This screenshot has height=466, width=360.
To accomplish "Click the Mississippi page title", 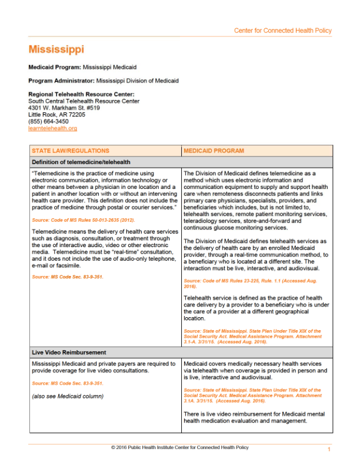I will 56,49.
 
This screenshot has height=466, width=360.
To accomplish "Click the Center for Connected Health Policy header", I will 282,31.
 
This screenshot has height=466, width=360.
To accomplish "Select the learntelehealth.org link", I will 53,128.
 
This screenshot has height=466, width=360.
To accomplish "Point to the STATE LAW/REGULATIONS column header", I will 70,151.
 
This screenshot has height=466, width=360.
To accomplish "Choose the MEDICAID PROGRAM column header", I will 214,151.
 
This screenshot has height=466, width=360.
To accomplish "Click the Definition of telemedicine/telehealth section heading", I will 81,162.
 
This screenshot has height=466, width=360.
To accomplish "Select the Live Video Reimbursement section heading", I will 69,352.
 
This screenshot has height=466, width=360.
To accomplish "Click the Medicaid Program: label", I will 55,68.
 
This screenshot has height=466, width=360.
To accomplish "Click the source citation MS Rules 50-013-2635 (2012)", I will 86,219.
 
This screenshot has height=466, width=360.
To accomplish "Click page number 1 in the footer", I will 329,450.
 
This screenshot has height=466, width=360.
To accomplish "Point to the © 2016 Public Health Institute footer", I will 179,448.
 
